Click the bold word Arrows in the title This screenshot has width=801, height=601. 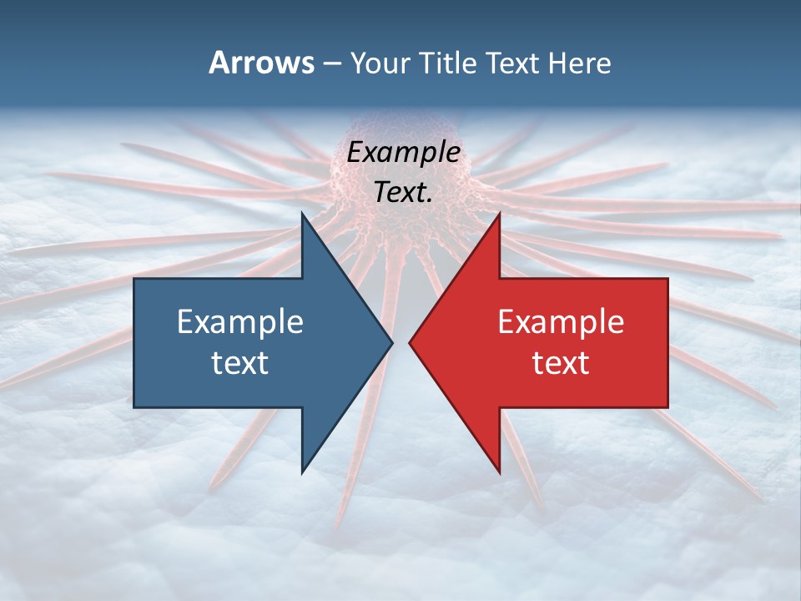coord(261,63)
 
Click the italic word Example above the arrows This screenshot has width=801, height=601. coord(404,152)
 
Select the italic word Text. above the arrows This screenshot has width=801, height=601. coord(404,192)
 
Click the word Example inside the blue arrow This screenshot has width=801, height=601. coord(240,322)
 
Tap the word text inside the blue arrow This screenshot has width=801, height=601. coord(240,362)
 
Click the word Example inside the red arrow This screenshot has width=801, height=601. coord(561,322)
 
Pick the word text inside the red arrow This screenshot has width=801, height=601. coord(561,362)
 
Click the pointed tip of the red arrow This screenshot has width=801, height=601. coord(411,342)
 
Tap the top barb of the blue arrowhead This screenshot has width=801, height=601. coord(303,215)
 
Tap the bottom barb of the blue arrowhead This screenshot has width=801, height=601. coord(303,471)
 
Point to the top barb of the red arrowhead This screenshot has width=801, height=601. coord(498,215)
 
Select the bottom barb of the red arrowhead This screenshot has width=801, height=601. coord(498,471)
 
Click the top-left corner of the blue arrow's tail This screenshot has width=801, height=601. coord(135,280)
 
